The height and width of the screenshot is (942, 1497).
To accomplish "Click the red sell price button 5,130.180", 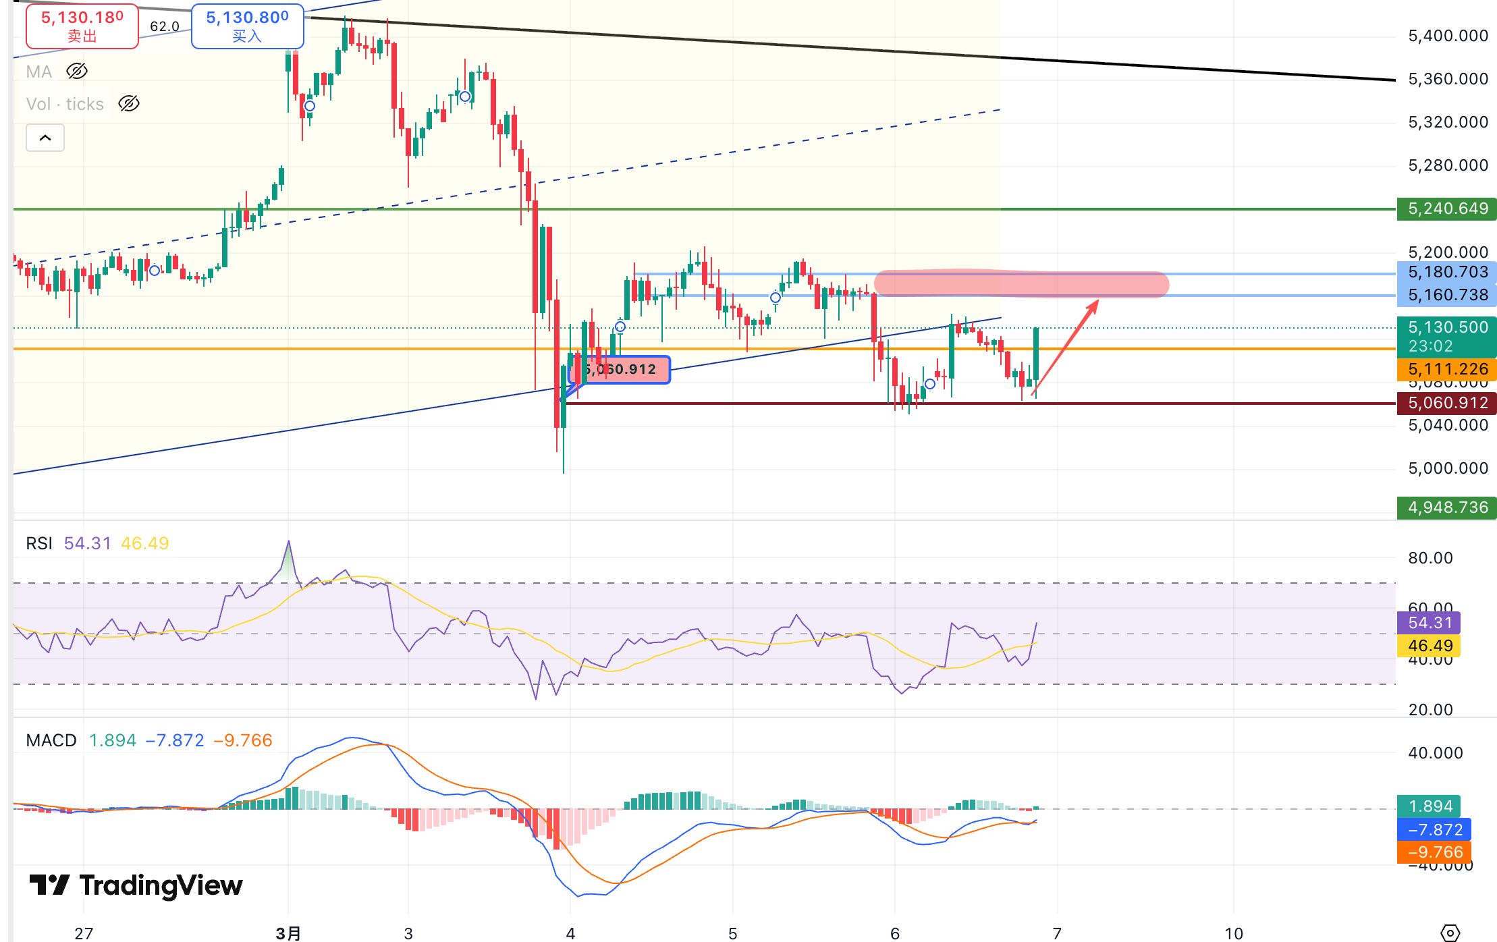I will click(82, 26).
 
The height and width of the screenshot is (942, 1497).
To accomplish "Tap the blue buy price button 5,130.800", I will click(247, 26).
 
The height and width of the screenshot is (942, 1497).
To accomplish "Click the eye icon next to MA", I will click(77, 71).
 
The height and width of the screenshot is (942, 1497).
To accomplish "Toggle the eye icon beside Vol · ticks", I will click(128, 103).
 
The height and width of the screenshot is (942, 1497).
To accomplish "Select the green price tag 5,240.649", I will click(1446, 209).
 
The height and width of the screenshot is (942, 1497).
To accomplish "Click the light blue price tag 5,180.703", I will click(1446, 272).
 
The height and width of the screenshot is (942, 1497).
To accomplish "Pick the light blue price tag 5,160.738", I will click(1446, 295).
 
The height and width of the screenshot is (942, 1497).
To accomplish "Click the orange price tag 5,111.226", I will click(1446, 369).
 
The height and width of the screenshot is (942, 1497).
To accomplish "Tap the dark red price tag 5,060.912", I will click(1446, 403).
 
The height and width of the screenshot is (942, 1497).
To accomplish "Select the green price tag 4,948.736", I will click(1446, 507).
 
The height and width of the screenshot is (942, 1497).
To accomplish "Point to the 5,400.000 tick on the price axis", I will click(1448, 36).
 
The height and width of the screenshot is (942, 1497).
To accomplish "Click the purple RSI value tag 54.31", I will click(1429, 623).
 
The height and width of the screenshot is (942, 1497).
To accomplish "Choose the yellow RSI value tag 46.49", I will click(1429, 646).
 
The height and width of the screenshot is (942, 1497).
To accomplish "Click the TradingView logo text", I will click(161, 885).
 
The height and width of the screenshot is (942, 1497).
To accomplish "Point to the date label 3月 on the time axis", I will click(288, 933).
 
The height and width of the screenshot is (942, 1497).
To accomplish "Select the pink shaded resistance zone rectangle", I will click(1020, 284).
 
